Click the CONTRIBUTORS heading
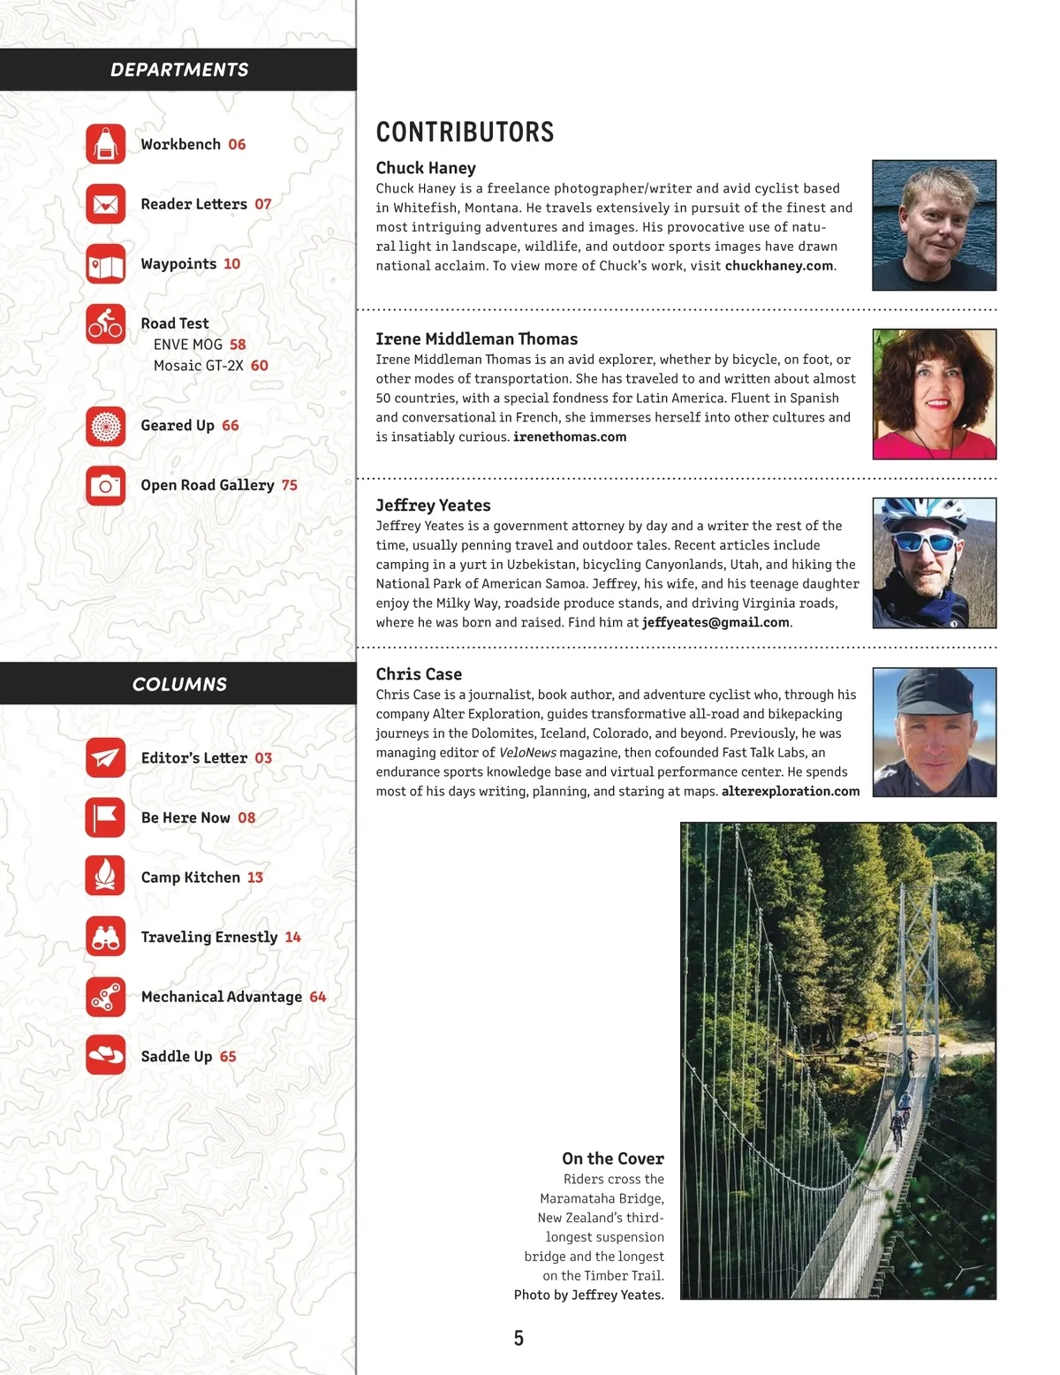[465, 133]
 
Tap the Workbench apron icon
[106, 144]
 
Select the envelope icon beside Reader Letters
[106, 204]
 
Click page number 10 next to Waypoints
[231, 263]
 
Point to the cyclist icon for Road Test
[106, 323]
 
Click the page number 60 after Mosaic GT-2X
[259, 365]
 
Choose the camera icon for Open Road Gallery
[106, 485]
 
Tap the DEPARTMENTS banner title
[179, 70]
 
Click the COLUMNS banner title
[179, 684]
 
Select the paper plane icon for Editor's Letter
[106, 758]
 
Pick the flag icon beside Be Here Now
[106, 817]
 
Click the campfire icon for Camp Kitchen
[106, 877]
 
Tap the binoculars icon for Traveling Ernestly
[106, 937]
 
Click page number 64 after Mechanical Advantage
[318, 997]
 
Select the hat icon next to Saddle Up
[106, 1056]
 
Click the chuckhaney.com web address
[778, 266]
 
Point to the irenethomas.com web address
[570, 437]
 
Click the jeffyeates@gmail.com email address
[715, 622]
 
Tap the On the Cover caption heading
[612, 1158]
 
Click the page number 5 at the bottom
[519, 1338]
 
